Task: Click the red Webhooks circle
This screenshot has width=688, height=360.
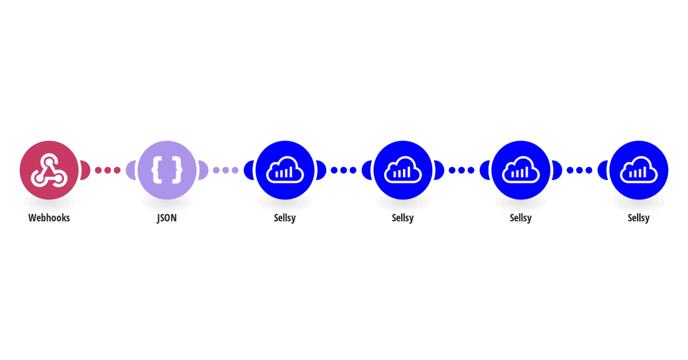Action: click(49, 170)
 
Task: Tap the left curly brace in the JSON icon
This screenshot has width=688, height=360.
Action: click(158, 170)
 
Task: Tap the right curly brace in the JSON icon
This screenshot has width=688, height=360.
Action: click(177, 170)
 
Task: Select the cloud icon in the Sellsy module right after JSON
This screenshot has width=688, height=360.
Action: click(285, 170)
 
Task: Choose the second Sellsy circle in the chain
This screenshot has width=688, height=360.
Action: click(403, 170)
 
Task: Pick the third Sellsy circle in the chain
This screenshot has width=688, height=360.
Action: click(521, 170)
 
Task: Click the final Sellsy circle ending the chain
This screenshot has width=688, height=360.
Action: click(639, 170)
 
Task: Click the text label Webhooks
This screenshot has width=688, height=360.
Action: click(49, 218)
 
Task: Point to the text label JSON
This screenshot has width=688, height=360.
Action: click(167, 218)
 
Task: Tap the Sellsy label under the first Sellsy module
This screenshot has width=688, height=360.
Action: click(285, 218)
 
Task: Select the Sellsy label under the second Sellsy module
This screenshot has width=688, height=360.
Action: click(402, 218)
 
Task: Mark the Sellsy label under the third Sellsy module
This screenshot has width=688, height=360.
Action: click(521, 218)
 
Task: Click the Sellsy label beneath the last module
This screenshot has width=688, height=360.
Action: click(639, 218)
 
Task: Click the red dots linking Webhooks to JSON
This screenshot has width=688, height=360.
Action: click(108, 170)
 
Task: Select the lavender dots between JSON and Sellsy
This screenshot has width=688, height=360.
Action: click(226, 170)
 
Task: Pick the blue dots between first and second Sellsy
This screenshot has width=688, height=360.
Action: click(343, 170)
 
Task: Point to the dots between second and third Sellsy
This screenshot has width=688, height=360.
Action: click(462, 170)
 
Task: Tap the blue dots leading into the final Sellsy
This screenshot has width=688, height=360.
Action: click(580, 170)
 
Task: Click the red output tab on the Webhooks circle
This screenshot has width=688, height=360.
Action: click(85, 170)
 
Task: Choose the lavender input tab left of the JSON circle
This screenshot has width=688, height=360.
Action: click(131, 170)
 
